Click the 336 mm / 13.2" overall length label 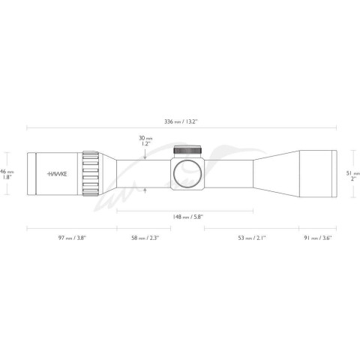pyautogui.click(x=181, y=121)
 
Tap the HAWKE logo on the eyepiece pyautogui.click(x=57, y=174)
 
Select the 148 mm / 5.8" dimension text pyautogui.click(x=187, y=217)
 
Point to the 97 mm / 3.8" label pyautogui.click(x=72, y=238)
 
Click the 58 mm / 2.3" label pyautogui.click(x=145, y=238)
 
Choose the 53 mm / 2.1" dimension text pyautogui.click(x=252, y=238)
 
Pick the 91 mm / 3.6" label pyautogui.click(x=318, y=238)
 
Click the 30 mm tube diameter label pyautogui.click(x=145, y=141)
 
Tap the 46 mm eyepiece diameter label pyautogui.click(x=7, y=175)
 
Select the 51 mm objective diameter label pyautogui.click(x=353, y=175)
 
